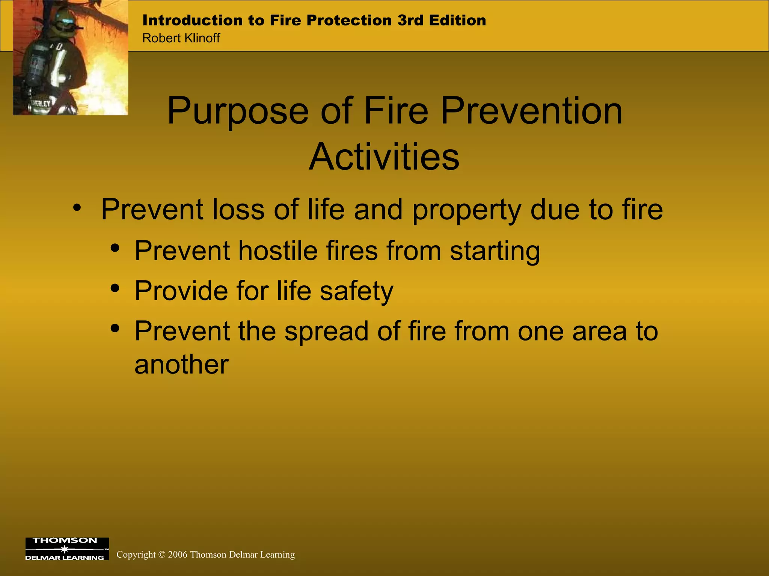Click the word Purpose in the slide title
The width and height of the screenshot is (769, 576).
pos(238,111)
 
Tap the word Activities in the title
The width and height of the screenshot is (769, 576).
pos(384,157)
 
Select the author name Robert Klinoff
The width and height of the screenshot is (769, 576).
pos(181,38)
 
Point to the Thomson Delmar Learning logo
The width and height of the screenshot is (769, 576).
pos(67,549)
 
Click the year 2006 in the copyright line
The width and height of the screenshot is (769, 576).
pos(178,555)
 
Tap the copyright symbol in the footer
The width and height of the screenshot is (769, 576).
pos(161,555)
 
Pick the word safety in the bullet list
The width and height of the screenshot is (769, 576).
pos(356,291)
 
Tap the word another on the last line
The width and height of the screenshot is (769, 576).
pos(181,364)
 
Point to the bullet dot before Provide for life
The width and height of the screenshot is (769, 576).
pos(115,288)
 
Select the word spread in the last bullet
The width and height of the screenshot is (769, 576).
pos(326,332)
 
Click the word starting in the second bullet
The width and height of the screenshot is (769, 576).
pos(495,251)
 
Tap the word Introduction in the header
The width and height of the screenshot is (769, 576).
pos(193,20)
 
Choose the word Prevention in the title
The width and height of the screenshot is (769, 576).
pos(531,111)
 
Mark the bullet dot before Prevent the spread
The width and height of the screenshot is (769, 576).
pos(115,328)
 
